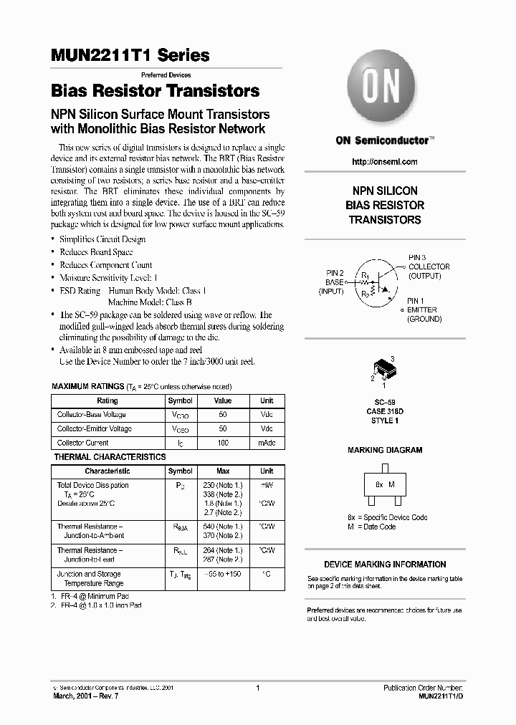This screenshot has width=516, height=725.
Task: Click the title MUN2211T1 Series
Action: pyautogui.click(x=130, y=56)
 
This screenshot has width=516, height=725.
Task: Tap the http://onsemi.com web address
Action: pyautogui.click(x=385, y=162)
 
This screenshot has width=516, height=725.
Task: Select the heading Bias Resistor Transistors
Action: pyautogui.click(x=156, y=92)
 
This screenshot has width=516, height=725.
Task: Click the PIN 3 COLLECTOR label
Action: pyautogui.click(x=429, y=267)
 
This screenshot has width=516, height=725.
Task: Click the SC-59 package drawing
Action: pyautogui.click(x=384, y=370)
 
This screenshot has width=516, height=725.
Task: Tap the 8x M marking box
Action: pyautogui.click(x=384, y=484)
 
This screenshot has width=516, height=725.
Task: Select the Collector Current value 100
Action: pyautogui.click(x=223, y=443)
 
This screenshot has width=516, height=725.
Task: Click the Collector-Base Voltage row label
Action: pyautogui.click(x=92, y=415)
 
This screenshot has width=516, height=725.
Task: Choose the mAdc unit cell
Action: pyautogui.click(x=267, y=443)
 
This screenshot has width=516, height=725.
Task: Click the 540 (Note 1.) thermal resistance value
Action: pyautogui.click(x=223, y=527)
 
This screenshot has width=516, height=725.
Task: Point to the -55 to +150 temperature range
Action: pyautogui.click(x=223, y=574)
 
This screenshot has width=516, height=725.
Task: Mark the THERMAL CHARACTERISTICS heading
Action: pyautogui.click(x=110, y=457)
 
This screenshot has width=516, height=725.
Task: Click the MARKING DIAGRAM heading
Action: pyautogui.click(x=385, y=451)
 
